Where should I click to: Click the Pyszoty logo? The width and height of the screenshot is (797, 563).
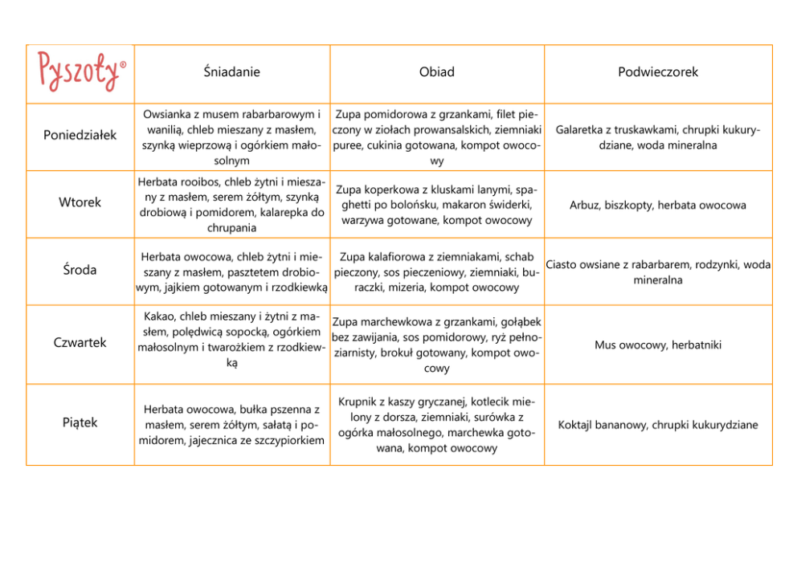(x=80, y=71)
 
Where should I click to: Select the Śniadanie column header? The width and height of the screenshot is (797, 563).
(x=231, y=72)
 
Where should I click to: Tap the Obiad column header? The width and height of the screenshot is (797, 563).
(x=436, y=72)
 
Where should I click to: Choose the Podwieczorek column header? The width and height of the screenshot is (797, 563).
(x=658, y=72)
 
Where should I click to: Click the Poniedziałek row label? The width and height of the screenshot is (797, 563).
(x=80, y=135)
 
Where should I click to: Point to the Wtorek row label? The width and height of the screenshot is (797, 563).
(x=80, y=202)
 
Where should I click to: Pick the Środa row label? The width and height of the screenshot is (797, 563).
(x=80, y=270)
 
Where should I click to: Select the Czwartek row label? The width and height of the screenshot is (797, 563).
(x=80, y=343)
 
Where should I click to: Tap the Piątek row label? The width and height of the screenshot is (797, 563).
(x=80, y=422)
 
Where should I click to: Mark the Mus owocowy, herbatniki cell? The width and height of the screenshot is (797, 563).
(x=658, y=345)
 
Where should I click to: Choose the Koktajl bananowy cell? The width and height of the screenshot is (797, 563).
(x=658, y=425)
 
